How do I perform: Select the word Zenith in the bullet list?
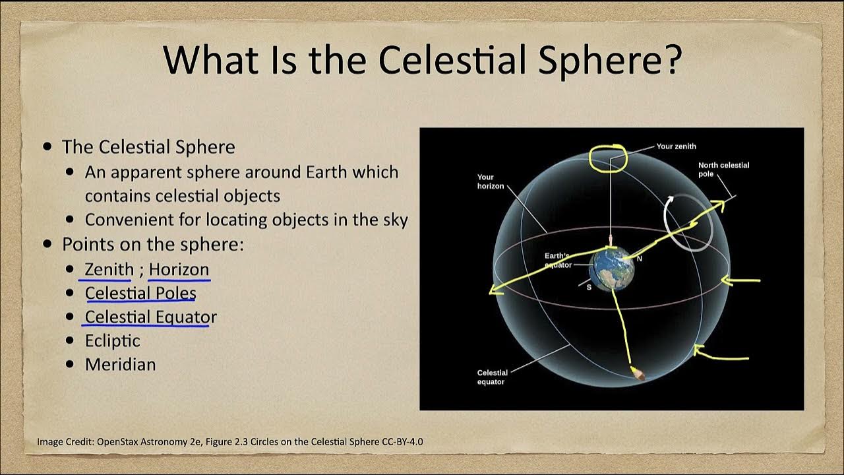[x=109, y=270]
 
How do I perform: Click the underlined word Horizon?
[x=179, y=270]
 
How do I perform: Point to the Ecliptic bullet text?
[x=113, y=341]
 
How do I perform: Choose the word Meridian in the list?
[x=121, y=365]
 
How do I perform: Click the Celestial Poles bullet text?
[x=140, y=294]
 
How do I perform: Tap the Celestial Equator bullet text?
[x=151, y=317]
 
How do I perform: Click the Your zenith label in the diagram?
[x=677, y=146]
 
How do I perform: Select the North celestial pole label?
[x=724, y=170]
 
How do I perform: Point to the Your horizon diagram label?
[x=491, y=181]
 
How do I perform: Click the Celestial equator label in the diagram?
[x=492, y=377]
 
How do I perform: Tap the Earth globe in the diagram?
[x=612, y=269]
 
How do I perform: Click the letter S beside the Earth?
[x=589, y=287]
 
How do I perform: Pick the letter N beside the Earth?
[x=640, y=259]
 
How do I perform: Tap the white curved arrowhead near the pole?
[x=669, y=200]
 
